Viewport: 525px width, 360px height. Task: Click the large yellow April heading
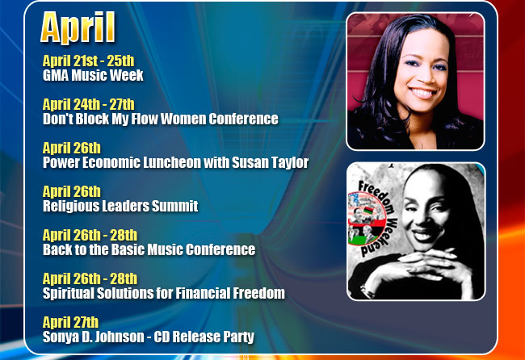coord(78,27)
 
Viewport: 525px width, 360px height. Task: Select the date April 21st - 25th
coord(88,61)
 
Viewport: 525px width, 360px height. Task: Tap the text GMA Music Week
coord(93,75)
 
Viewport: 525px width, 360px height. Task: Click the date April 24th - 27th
coord(88,104)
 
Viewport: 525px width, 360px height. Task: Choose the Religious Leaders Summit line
coord(120,206)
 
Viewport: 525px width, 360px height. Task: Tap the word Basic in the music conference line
coord(128,249)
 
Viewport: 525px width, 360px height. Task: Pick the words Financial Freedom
coord(230,293)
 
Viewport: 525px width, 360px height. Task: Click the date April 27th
coord(70,322)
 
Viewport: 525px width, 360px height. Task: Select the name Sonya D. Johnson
coord(94,337)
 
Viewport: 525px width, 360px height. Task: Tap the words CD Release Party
coord(204,337)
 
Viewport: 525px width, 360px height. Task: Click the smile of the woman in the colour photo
coord(422,93)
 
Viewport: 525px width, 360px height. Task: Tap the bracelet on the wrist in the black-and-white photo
coord(367,291)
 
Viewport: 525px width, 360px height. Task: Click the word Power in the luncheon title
coord(61,162)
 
